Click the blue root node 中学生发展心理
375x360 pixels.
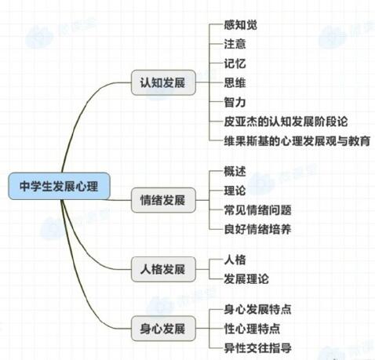59,186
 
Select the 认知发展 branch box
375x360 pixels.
163,82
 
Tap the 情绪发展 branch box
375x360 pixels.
163,200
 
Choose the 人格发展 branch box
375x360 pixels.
163,269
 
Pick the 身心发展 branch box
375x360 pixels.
163,329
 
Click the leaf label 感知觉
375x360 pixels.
240,25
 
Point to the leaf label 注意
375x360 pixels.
235,44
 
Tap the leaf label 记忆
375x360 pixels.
235,64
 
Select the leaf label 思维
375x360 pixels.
235,83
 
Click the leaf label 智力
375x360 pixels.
235,102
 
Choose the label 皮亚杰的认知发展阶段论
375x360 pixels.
286,122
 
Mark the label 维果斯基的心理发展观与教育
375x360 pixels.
297,141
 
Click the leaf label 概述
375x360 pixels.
235,172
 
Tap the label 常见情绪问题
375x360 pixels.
257,210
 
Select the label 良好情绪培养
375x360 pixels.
257,229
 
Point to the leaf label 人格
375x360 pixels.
235,260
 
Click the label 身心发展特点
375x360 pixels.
257,309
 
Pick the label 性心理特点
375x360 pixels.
252,329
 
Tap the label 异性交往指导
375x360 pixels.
257,348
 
